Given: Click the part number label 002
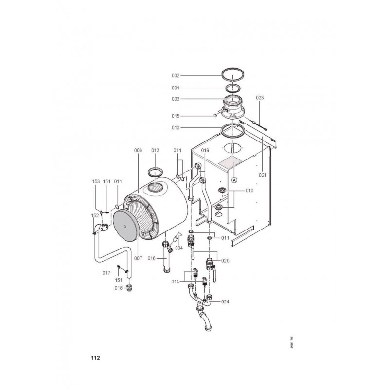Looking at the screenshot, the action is click(x=176, y=76).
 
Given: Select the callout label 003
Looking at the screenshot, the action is click(x=176, y=99).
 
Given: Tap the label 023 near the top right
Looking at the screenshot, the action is click(x=260, y=98).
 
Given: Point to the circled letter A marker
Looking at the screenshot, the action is click(x=234, y=180).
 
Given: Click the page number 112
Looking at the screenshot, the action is click(x=95, y=358).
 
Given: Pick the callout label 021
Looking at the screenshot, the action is click(x=263, y=175).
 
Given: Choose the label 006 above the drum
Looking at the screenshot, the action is click(x=138, y=150).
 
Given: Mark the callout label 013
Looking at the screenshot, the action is click(x=155, y=150).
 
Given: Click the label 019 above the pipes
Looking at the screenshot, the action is click(x=205, y=150).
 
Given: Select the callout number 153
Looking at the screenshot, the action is click(x=96, y=181).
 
